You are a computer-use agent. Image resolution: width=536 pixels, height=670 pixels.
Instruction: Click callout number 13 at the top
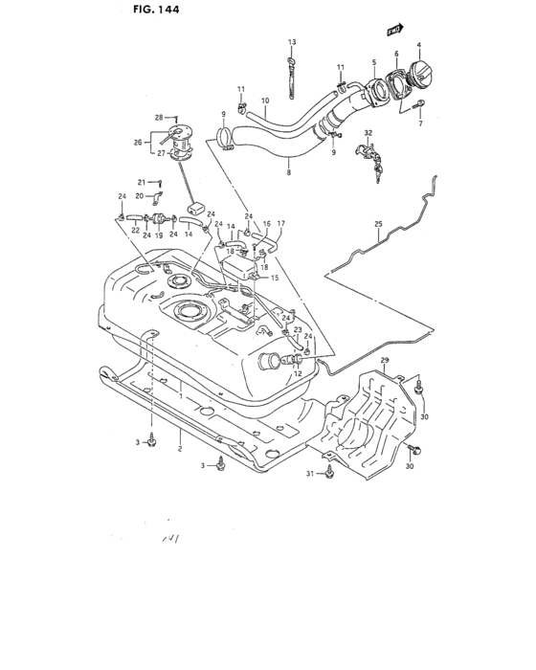tap(292, 43)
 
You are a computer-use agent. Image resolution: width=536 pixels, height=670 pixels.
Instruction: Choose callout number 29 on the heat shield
tap(385, 360)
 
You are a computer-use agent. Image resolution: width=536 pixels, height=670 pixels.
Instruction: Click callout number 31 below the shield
tap(309, 474)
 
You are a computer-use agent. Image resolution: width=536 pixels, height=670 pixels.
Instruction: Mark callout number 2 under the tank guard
tap(179, 446)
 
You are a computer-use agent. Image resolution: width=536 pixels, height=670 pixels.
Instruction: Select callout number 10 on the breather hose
tap(264, 100)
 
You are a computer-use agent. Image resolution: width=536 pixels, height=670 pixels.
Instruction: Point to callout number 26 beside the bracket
tap(136, 143)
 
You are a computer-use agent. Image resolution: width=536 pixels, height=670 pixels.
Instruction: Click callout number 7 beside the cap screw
tap(419, 124)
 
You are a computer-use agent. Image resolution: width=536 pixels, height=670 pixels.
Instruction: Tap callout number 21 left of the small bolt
tap(140, 181)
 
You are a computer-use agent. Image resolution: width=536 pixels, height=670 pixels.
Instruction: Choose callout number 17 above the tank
tap(281, 224)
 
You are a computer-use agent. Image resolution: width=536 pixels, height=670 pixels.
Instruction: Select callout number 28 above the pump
tap(160, 117)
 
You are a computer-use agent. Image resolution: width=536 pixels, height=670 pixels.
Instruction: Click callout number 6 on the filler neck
tap(395, 56)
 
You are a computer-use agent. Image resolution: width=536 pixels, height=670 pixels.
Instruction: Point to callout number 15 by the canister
tap(275, 278)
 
